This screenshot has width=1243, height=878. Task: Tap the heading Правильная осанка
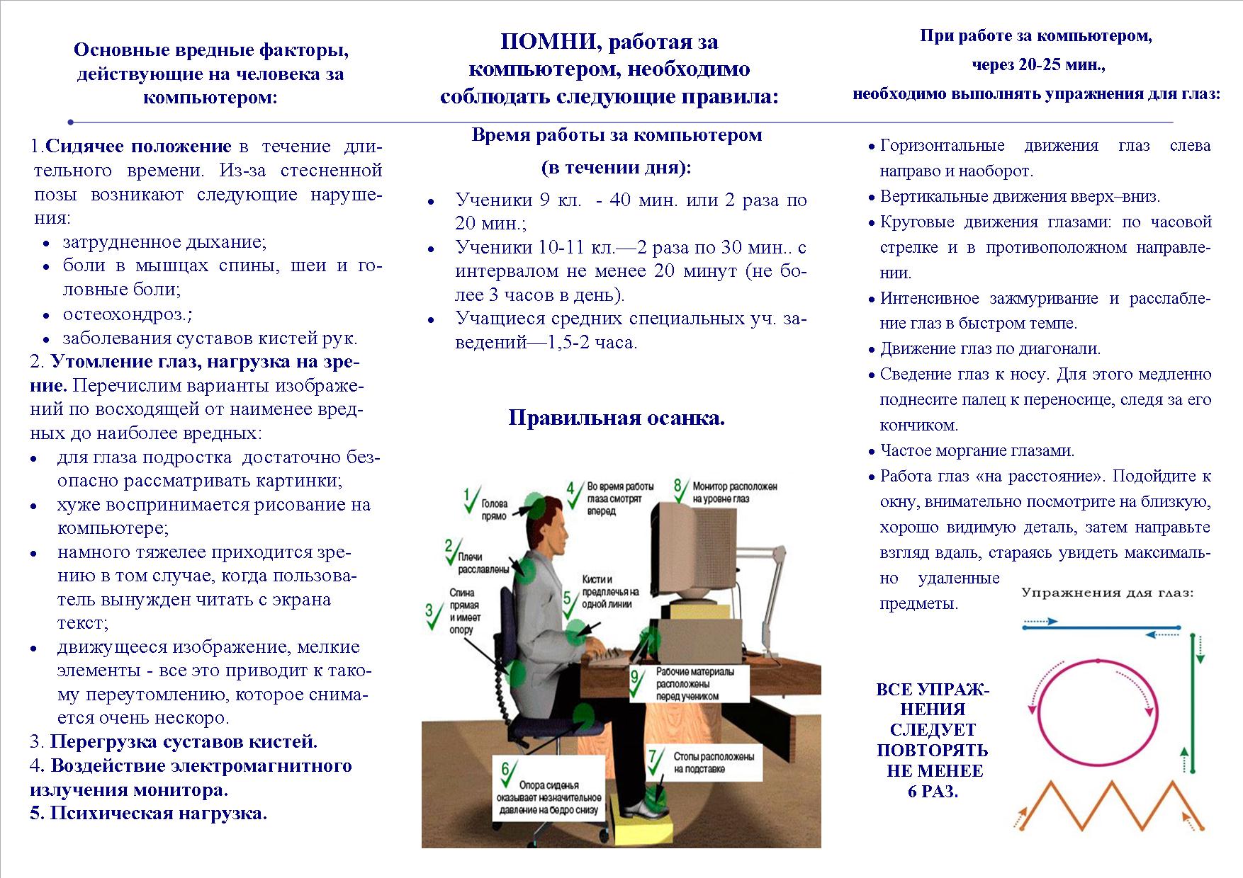(617, 418)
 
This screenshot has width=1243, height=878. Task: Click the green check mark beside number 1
(471, 500)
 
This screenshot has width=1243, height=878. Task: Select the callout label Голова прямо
(494, 510)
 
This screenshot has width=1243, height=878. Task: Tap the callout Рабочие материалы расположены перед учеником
(695, 684)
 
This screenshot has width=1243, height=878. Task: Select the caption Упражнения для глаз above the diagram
(1107, 593)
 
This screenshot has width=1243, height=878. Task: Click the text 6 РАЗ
(933, 792)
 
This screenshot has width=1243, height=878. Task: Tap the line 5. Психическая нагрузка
(149, 813)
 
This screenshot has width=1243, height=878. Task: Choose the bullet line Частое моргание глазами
(977, 450)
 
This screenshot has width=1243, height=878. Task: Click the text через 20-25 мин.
(1038, 65)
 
